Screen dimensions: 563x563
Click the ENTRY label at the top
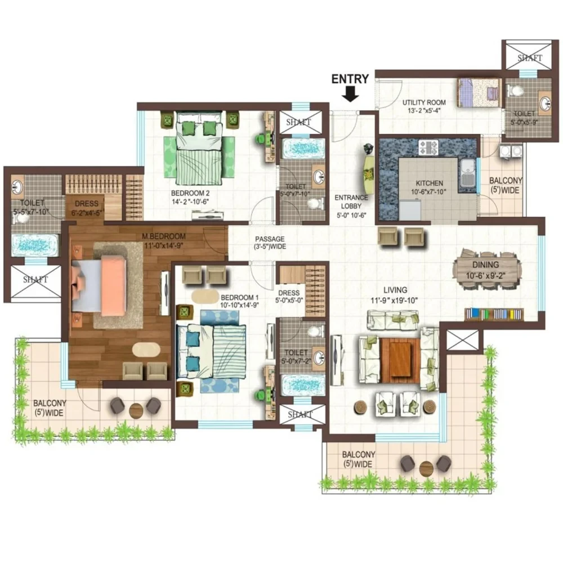[x=350, y=79]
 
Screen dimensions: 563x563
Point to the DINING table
[x=486, y=269]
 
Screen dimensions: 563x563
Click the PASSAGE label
[x=269, y=239]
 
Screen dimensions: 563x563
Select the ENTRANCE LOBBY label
[x=351, y=202]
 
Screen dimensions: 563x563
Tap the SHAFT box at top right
[x=527, y=56]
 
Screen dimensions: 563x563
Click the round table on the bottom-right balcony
[x=426, y=467]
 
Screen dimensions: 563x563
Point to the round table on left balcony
[x=136, y=410]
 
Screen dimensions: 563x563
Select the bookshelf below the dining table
[x=493, y=314]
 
